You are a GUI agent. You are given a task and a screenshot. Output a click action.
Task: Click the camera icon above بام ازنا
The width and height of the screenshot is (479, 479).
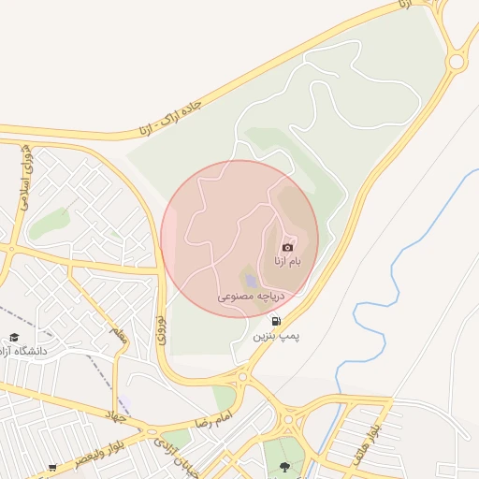(287, 246)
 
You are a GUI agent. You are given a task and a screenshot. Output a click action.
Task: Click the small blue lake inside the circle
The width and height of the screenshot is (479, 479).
(251, 280)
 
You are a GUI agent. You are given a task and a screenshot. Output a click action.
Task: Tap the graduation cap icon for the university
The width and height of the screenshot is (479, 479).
(13, 337)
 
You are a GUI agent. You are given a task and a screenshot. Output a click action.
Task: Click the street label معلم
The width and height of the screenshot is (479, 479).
(117, 335)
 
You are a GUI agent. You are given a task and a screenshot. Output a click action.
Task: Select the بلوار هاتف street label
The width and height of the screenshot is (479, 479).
(365, 444)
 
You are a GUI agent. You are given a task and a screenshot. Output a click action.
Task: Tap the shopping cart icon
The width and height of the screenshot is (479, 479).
(53, 467)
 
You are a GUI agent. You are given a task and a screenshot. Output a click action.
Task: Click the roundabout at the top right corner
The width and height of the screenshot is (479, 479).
(457, 62)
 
